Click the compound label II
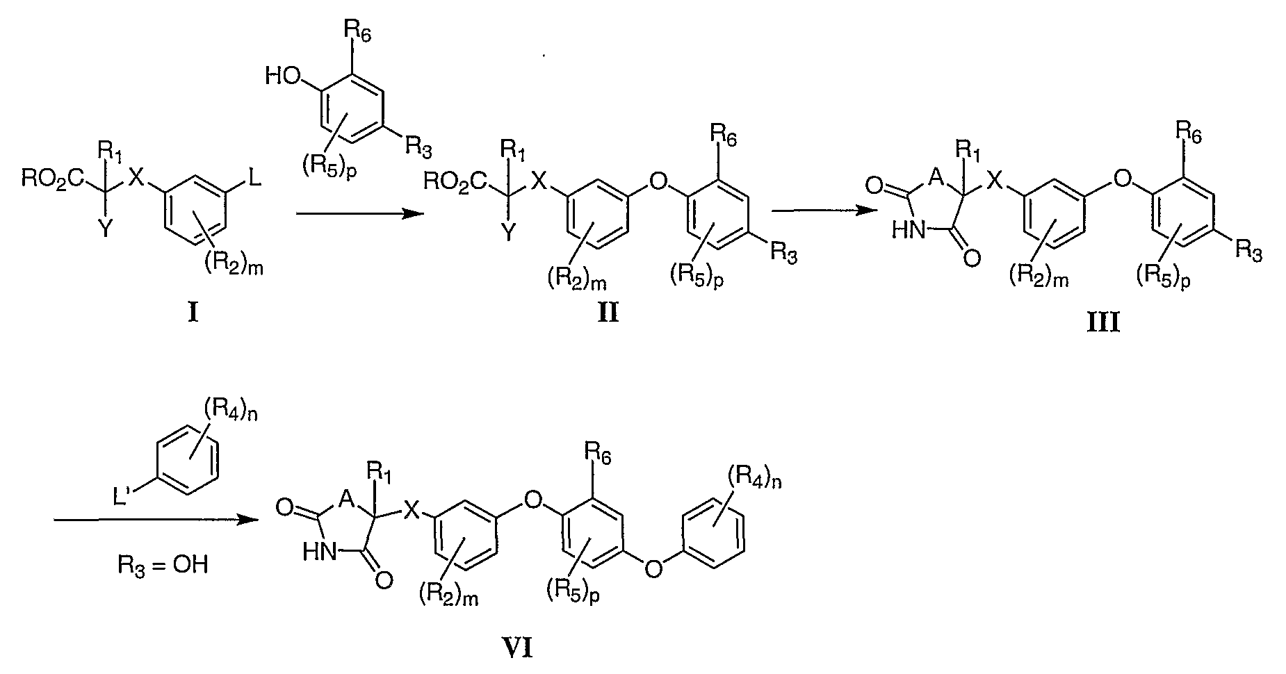click(609, 313)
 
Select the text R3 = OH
click(161, 564)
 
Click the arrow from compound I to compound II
click(359, 214)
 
